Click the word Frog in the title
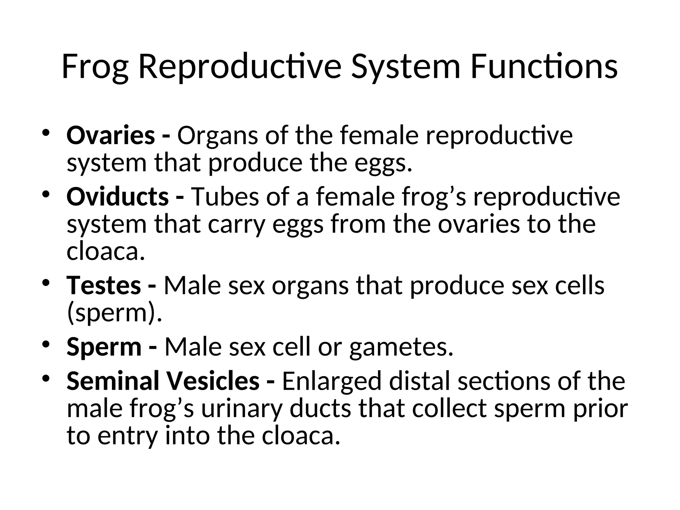tap(95, 67)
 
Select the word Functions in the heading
tap(544, 67)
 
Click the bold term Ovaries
tap(111, 135)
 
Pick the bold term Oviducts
tap(118, 197)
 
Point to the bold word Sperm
tap(104, 347)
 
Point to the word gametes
tap(401, 347)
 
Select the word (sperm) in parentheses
tap(114, 313)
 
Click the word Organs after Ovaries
tap(217, 136)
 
